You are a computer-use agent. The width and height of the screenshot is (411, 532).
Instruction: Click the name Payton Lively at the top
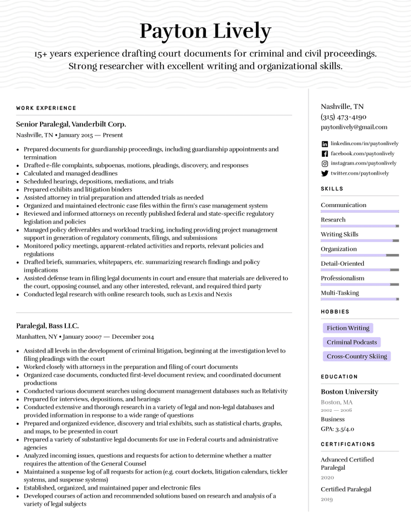(x=205, y=31)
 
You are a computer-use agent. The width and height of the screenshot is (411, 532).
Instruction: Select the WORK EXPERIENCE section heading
(x=46, y=108)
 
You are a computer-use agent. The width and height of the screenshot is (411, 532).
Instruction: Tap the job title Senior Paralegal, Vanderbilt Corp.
(x=71, y=124)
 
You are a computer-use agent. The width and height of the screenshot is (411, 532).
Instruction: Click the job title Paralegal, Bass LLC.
(x=47, y=326)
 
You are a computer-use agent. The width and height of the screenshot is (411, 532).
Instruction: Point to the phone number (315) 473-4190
(x=344, y=117)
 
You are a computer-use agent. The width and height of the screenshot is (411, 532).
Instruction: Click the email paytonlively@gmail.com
(x=354, y=127)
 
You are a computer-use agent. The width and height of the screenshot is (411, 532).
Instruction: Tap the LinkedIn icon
(x=325, y=144)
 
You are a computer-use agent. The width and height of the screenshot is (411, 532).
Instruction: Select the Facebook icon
(x=325, y=154)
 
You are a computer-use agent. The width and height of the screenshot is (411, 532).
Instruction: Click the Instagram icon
(x=325, y=163)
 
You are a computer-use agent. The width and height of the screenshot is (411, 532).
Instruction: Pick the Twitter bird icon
(x=325, y=174)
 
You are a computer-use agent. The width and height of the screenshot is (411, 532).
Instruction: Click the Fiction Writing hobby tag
(x=348, y=328)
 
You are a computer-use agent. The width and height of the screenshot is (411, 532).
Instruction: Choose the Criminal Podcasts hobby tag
(x=352, y=342)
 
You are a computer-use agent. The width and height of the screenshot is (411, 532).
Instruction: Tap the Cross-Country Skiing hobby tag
(x=357, y=356)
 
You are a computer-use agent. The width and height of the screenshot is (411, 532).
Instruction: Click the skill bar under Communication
(x=360, y=211)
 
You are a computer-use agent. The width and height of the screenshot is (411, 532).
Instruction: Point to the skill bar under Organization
(x=360, y=255)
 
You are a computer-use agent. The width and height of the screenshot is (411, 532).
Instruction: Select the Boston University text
(x=349, y=392)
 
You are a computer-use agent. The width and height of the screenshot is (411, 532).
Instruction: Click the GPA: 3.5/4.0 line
(x=338, y=429)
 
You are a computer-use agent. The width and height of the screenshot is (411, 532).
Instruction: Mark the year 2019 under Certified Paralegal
(x=327, y=499)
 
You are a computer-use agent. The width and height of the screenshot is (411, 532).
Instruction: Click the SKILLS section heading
(x=332, y=189)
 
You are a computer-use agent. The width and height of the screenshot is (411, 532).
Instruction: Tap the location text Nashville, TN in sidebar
(x=342, y=107)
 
